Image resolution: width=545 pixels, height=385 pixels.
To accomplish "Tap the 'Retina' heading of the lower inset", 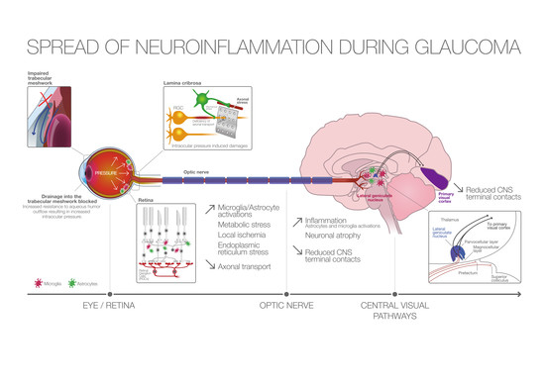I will (145, 195).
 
